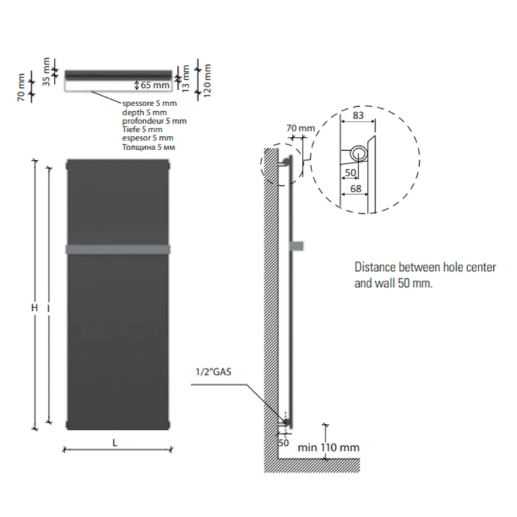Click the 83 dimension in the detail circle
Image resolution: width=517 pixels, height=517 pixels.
click(358, 115)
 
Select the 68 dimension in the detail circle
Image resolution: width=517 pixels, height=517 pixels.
click(356, 189)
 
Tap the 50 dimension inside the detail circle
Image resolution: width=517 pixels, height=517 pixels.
click(350, 173)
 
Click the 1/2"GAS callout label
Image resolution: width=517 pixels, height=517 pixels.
click(213, 372)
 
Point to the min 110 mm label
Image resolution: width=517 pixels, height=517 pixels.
click(328, 447)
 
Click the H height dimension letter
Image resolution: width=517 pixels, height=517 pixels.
click(34, 307)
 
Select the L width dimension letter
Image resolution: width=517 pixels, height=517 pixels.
click(115, 443)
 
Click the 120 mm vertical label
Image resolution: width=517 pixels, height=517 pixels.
click(207, 81)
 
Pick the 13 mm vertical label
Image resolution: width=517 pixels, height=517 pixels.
click(186, 78)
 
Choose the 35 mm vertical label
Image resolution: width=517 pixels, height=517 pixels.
click(46, 72)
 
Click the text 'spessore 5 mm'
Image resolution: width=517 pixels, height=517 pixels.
click(150, 103)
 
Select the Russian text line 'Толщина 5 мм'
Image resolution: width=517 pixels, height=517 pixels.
click(148, 147)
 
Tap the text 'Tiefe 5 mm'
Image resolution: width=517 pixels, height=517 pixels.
click(142, 129)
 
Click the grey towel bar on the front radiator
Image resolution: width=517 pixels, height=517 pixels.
click(118, 249)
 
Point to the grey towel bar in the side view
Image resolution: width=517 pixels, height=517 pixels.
click(297, 246)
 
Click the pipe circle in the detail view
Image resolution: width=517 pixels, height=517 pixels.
click(358, 154)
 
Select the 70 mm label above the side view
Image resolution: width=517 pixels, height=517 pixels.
click(300, 128)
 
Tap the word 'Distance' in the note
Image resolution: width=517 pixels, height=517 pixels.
click(375, 267)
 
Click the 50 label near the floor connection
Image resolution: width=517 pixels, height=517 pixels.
click(283, 442)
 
